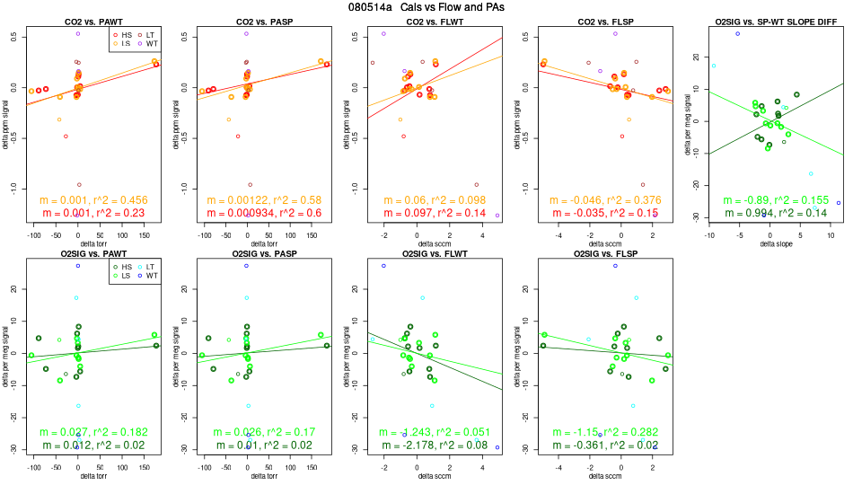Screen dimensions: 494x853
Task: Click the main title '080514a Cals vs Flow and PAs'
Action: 426,7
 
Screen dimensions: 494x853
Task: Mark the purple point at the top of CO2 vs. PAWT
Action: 78,33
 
